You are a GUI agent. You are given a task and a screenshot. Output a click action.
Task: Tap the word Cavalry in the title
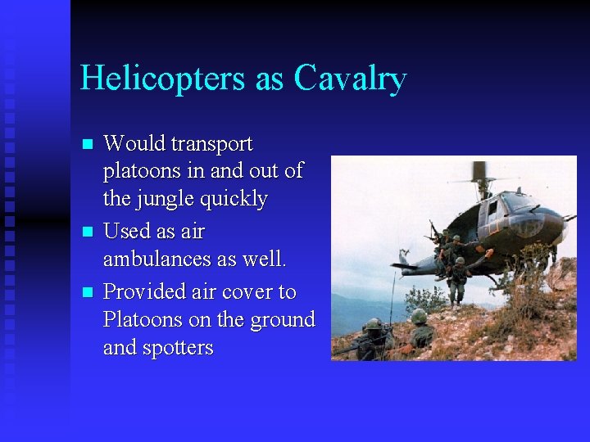point(350,79)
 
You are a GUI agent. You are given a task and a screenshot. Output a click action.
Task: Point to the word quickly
point(238,200)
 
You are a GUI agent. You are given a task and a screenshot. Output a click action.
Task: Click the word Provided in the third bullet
point(143,291)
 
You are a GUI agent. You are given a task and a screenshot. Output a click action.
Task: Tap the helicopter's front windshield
point(518,202)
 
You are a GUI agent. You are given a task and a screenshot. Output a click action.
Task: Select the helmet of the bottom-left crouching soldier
point(374,324)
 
